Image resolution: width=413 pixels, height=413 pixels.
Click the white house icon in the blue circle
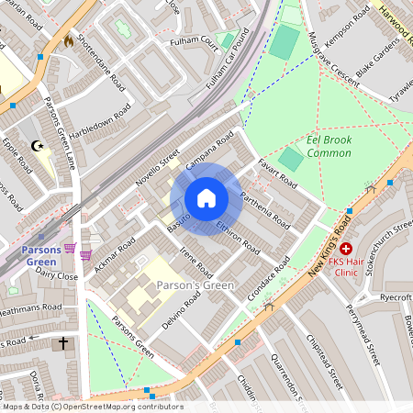206,198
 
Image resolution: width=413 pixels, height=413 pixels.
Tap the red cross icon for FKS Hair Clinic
346,248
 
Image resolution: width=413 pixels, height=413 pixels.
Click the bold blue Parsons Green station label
41,256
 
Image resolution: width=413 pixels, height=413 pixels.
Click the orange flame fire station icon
68,40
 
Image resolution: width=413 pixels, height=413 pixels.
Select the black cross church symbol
63,344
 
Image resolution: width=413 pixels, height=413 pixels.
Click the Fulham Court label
194,42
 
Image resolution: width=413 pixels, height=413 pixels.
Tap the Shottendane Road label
101,61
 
